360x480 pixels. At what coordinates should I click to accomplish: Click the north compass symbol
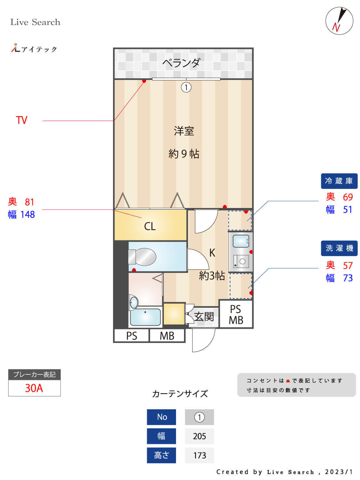point(339,21)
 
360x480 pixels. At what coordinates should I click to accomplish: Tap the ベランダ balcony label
point(181,63)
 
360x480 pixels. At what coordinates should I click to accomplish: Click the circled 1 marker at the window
point(186,87)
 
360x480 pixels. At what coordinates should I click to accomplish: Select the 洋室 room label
point(184,131)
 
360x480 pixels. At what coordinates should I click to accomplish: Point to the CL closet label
point(150,226)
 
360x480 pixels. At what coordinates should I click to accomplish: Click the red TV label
point(22,120)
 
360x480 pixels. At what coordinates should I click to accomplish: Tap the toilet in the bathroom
point(142,257)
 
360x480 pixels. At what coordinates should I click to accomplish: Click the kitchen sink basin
point(241,241)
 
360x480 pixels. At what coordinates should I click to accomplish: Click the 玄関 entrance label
point(204,316)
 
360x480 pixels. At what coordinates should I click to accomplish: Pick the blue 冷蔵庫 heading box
point(339,181)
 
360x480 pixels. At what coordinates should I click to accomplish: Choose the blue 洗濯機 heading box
point(339,248)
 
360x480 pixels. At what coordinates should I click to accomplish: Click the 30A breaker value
point(34,388)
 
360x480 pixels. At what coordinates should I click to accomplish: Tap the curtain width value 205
point(199,436)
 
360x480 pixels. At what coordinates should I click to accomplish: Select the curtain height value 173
point(199,455)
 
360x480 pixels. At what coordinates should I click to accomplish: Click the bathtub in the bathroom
point(145,316)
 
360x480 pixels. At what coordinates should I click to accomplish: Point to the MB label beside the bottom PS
point(167,336)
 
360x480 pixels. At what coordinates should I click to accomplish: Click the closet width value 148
point(28,214)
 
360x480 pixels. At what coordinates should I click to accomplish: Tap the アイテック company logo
point(34,49)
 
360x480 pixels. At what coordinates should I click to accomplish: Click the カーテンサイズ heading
point(180,394)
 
